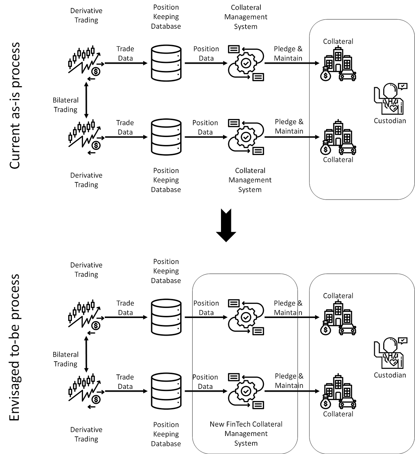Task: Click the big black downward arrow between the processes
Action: pos(226,225)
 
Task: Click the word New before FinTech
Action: pos(217,424)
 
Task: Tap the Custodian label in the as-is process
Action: pos(390,121)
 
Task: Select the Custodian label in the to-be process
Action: pos(390,375)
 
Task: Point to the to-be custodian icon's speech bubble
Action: pos(403,340)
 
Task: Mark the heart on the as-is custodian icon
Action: pos(394,108)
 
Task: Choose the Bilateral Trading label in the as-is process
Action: pos(66,105)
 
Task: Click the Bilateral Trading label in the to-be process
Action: pos(66,359)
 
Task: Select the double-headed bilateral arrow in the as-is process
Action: pos(86,100)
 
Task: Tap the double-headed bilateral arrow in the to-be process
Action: pos(86,354)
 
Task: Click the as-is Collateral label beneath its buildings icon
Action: pos(338,160)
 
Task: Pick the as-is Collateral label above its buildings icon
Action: pos(338,42)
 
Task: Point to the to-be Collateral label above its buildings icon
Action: pos(338,296)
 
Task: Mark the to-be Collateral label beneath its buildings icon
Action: pos(338,414)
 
